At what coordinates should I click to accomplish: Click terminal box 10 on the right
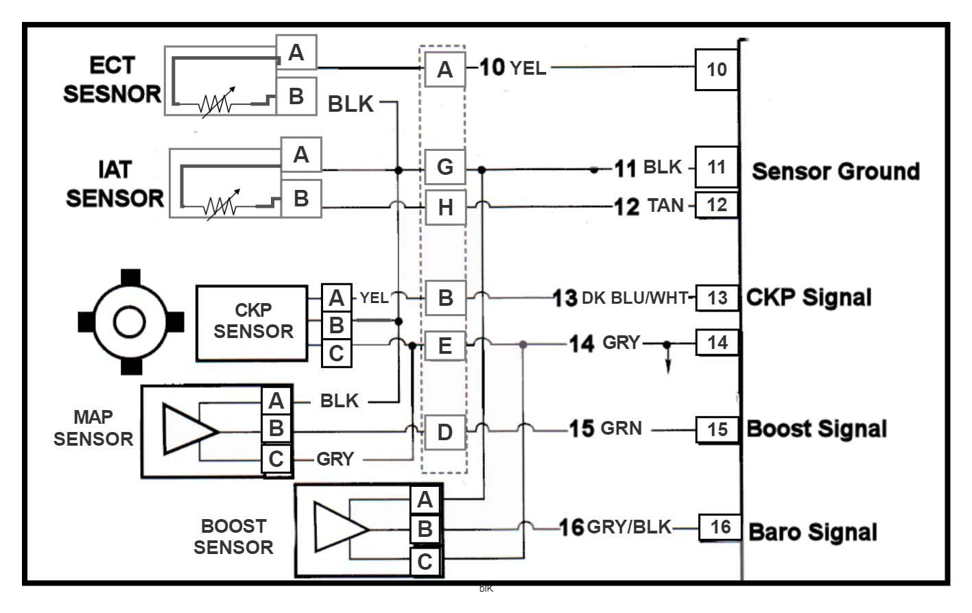click(x=717, y=69)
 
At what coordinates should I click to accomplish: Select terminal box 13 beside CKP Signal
click(x=718, y=298)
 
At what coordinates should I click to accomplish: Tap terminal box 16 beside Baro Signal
click(x=720, y=527)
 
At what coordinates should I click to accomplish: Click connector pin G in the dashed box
click(x=445, y=167)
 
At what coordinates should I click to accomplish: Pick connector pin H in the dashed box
click(x=445, y=206)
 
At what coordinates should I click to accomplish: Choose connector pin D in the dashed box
click(x=445, y=432)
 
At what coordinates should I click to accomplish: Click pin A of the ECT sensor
click(x=296, y=52)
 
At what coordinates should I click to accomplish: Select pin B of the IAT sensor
click(x=301, y=198)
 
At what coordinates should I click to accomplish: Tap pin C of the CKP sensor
click(x=336, y=353)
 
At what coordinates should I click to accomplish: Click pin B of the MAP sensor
click(x=276, y=429)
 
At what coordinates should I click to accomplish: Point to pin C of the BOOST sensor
click(x=425, y=562)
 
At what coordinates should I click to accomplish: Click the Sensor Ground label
click(x=835, y=171)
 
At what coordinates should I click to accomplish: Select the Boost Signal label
click(x=816, y=429)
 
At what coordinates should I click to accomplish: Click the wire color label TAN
click(x=665, y=206)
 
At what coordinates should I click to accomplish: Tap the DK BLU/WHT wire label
click(x=635, y=298)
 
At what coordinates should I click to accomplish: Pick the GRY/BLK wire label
click(x=629, y=527)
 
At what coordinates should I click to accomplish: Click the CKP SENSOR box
click(x=252, y=322)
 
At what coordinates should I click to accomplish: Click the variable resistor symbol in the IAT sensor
click(x=221, y=203)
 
